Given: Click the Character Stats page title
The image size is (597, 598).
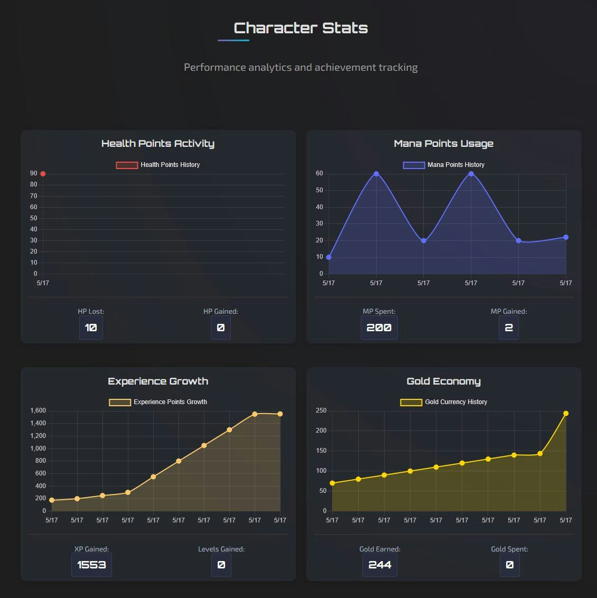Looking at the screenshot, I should [x=301, y=28].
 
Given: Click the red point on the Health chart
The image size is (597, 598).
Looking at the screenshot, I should [x=43, y=174].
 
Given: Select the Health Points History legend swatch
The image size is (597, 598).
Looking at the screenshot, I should [x=127, y=165].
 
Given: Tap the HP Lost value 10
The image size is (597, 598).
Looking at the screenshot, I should [x=91, y=328].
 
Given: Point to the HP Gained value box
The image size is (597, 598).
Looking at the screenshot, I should [x=221, y=328].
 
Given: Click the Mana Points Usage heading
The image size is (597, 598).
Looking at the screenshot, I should [x=443, y=143].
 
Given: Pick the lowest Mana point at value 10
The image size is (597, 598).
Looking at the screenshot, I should [x=329, y=257].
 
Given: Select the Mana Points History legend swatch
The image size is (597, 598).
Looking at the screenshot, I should [x=414, y=165].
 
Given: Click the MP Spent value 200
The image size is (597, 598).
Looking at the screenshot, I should [x=379, y=328].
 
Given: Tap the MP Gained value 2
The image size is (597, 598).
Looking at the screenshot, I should [x=509, y=328].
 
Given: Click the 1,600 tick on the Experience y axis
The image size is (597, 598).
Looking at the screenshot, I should [x=38, y=410].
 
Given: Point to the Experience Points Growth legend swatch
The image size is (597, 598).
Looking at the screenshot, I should [x=120, y=402].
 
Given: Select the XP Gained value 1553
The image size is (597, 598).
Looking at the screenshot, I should [x=91, y=565].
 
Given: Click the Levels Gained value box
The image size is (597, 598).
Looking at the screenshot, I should [x=221, y=565].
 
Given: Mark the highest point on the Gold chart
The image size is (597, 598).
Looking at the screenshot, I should [x=566, y=414].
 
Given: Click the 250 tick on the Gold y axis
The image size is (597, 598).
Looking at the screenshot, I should [x=321, y=410].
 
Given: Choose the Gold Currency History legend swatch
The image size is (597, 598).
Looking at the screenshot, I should [x=411, y=402].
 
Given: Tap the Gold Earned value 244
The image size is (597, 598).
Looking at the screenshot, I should [x=379, y=565].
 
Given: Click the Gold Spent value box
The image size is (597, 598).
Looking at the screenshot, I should [x=509, y=565].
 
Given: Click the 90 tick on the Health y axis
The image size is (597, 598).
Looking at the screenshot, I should [x=34, y=174].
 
